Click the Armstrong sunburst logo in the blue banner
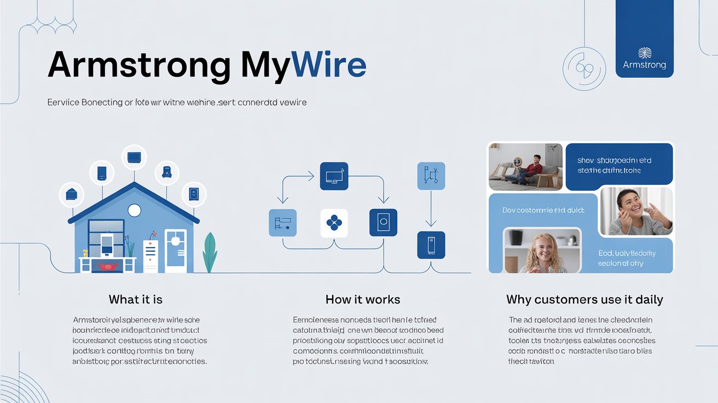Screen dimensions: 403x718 coord(645,53)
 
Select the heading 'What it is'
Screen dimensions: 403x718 coord(135,300)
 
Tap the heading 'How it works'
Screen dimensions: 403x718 coord(362,300)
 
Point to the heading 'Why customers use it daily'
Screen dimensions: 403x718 coord(584,300)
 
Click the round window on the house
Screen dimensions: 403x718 coord(134,210)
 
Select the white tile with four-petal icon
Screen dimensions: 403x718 coord(334,223)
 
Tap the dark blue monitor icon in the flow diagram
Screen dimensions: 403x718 coord(334,176)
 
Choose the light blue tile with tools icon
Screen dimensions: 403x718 coord(431,176)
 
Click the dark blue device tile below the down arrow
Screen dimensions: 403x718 coord(431,245)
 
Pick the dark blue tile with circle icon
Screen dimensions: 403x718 coord(383,223)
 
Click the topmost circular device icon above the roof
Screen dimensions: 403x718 coord(134,158)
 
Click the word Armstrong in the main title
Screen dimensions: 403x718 coord(139,65)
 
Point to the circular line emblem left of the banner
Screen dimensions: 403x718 coord(584,68)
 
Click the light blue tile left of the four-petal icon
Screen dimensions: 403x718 coord(282,223)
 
